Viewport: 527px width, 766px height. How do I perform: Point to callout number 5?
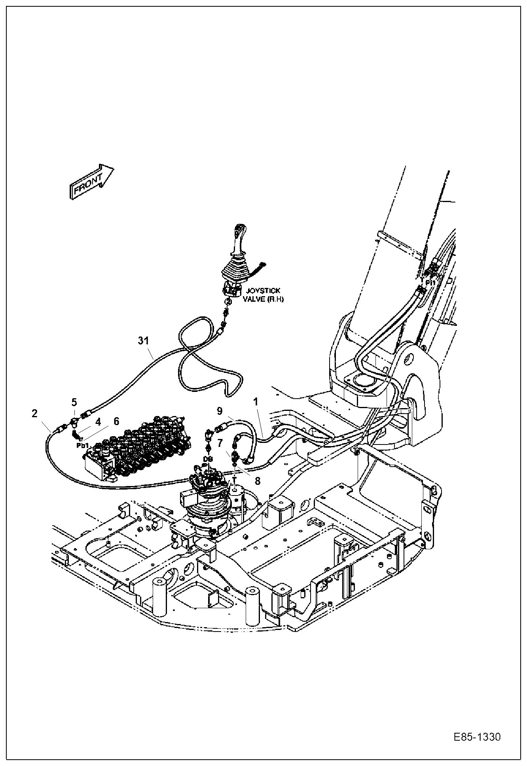[x=74, y=403]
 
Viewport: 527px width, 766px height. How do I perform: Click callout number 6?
[x=116, y=422]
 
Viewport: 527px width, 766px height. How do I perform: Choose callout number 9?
[x=220, y=410]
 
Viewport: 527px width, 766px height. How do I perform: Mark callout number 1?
[x=256, y=402]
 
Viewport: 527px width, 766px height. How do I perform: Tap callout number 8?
[x=257, y=481]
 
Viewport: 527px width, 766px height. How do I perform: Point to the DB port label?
[x=208, y=458]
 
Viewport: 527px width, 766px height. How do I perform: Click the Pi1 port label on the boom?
[x=430, y=283]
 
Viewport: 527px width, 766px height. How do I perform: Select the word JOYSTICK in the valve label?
[x=262, y=291]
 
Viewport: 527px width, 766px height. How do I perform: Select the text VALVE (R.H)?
[x=263, y=299]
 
